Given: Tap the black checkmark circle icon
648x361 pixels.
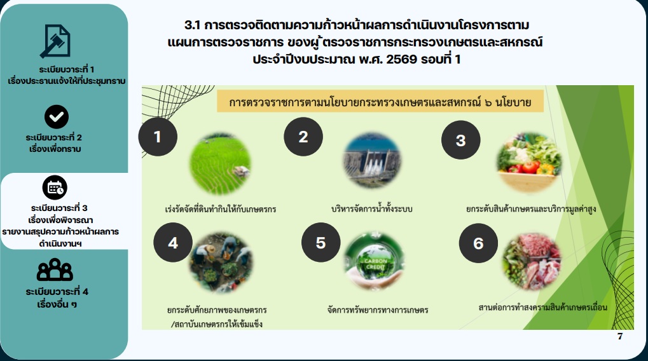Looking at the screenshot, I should click(x=56, y=116).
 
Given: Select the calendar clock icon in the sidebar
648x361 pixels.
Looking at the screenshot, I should click(x=55, y=187).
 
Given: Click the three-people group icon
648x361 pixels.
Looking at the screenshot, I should click(x=55, y=270).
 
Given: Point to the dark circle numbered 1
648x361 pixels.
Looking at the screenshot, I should click(x=158, y=136).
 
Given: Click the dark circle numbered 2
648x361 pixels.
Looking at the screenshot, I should click(x=303, y=136).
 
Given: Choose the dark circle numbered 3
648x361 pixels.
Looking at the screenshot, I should click(x=461, y=141).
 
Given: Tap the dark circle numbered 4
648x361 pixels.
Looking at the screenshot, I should click(x=173, y=243).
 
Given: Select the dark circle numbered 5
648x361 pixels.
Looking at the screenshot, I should click(x=321, y=242).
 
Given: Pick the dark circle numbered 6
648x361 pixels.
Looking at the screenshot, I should click(x=478, y=243).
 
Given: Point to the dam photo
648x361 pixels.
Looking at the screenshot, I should click(x=372, y=161).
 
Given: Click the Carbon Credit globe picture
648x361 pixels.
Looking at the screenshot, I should click(x=373, y=262).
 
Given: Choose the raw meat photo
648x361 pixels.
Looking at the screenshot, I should click(x=531, y=262).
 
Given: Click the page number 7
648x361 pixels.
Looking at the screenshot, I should click(x=620, y=336).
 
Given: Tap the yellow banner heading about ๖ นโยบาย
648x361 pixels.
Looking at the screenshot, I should click(x=380, y=101).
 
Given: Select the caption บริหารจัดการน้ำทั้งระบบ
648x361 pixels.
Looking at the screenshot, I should click(x=372, y=208).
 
